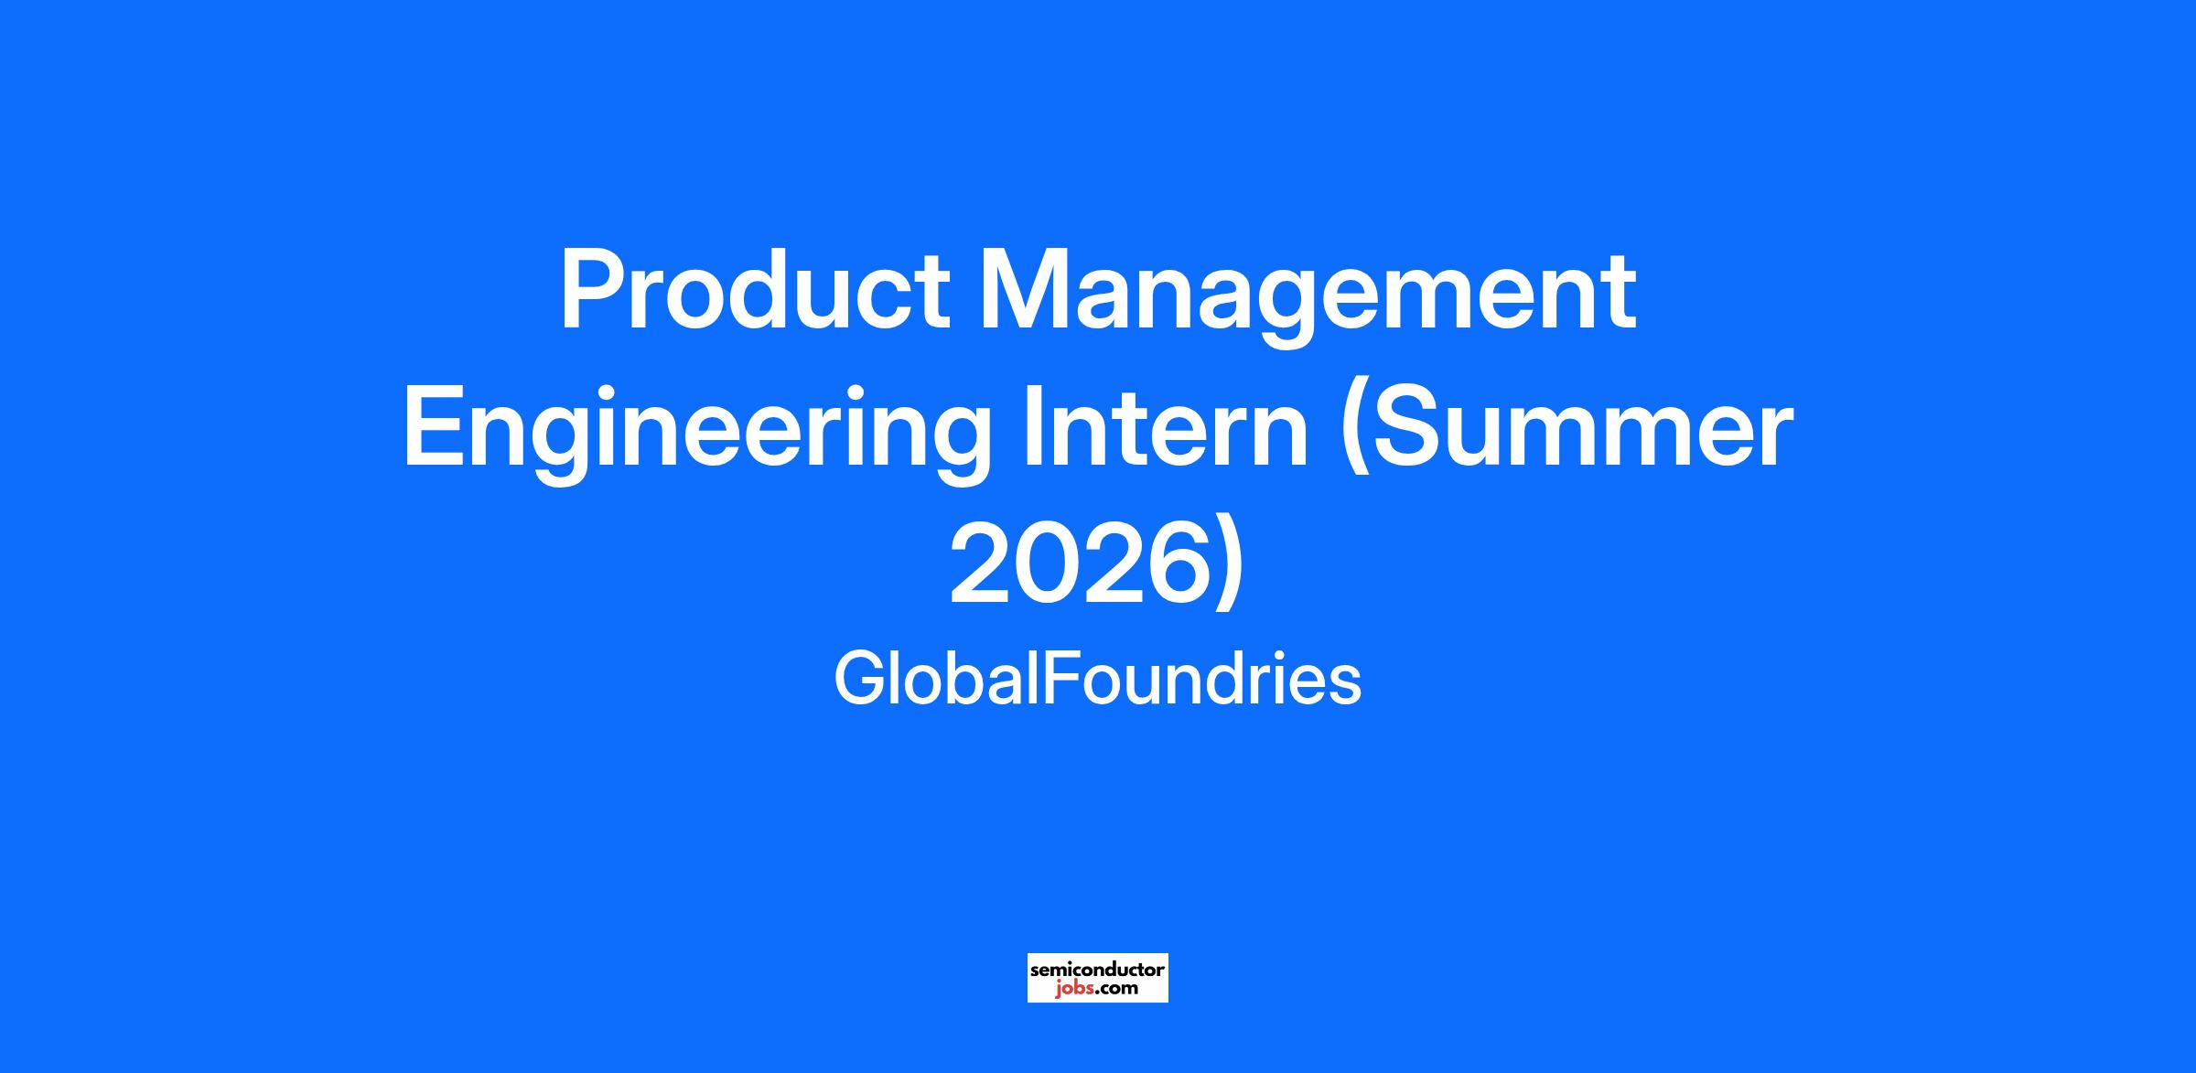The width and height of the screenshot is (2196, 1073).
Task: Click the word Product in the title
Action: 755,291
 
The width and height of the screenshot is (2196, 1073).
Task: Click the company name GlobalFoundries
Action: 1097,680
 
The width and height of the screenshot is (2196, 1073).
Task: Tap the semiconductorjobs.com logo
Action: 1098,978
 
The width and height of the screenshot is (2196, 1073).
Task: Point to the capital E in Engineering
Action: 436,426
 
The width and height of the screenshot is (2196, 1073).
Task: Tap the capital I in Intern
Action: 1032,426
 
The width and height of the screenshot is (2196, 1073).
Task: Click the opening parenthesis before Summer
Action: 1355,432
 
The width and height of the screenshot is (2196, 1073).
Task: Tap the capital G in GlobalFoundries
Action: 857,680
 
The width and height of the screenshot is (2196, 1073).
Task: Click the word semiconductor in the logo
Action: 1098,969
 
